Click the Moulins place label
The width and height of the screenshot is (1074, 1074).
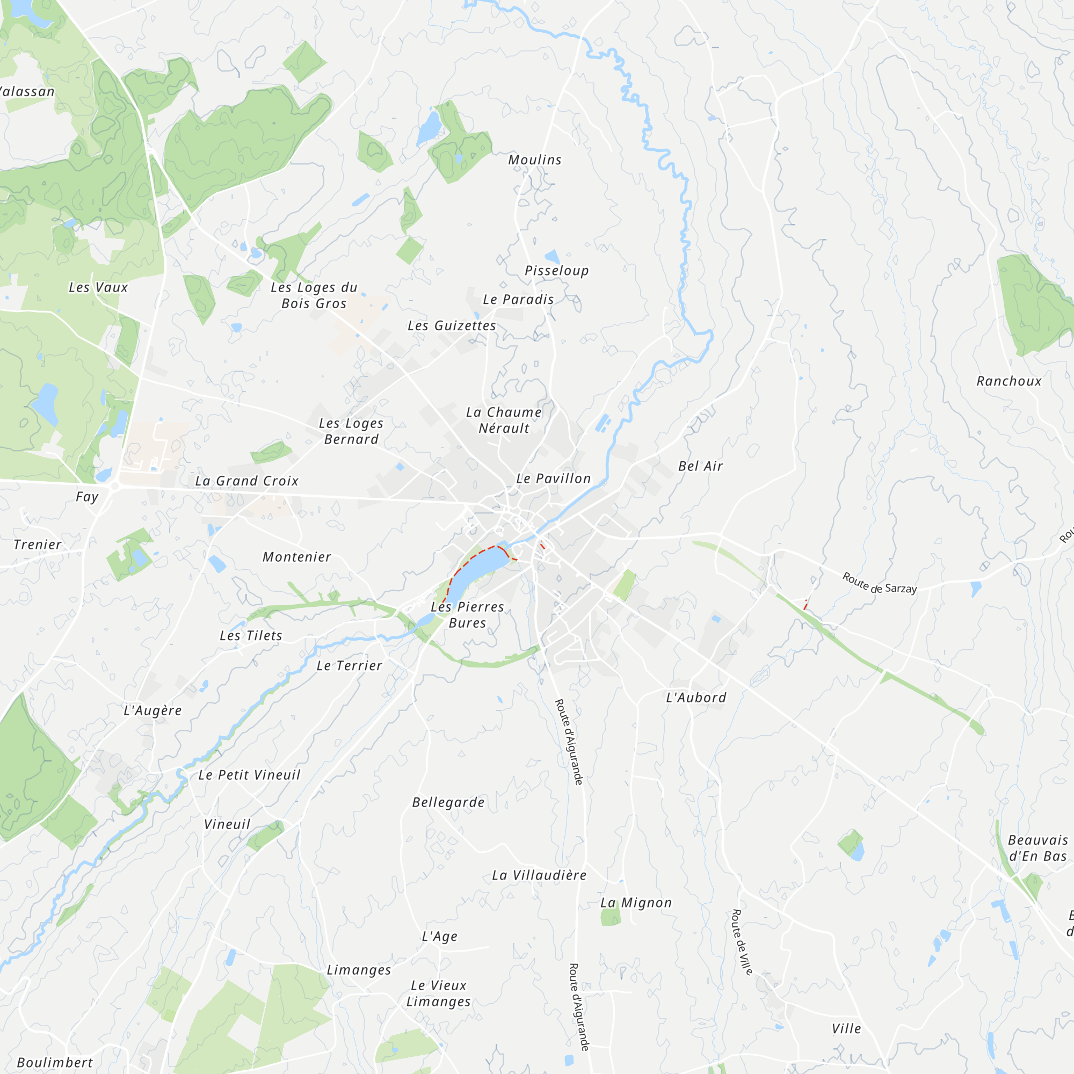coord(535,160)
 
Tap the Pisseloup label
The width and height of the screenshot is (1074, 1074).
coord(556,271)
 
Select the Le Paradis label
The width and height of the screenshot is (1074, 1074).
coord(518,300)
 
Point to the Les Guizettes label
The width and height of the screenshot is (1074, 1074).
coord(452,326)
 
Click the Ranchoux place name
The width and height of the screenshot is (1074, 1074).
coord(1009,381)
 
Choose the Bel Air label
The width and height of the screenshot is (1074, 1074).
coord(700,467)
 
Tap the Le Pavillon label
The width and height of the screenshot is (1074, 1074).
coord(553,478)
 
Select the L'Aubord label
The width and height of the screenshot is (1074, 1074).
coord(696,698)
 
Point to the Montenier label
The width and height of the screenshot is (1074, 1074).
coord(296,557)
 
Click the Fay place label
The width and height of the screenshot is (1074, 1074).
coord(88,497)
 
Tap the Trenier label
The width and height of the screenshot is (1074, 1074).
coord(38,545)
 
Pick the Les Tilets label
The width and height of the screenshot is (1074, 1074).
coord(251,635)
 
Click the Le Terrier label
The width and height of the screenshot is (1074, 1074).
coord(349,666)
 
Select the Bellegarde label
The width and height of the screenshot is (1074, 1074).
coord(448,803)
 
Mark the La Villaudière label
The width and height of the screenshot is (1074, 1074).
coord(539,875)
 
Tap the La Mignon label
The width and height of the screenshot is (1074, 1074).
coord(636,903)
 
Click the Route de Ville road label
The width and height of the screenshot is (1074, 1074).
coord(742,942)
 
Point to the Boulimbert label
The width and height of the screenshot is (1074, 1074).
coord(55,1062)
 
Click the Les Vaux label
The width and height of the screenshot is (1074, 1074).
coord(98,288)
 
